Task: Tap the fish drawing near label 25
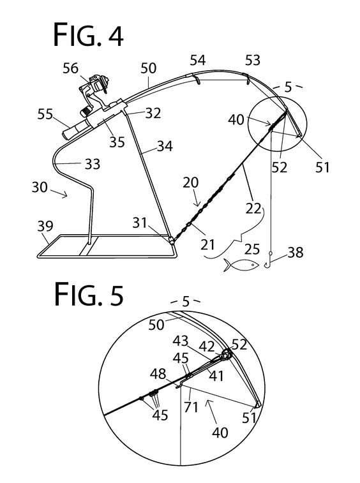241,264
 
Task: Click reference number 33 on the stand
92,165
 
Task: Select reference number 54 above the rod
197,61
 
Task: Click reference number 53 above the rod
253,60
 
